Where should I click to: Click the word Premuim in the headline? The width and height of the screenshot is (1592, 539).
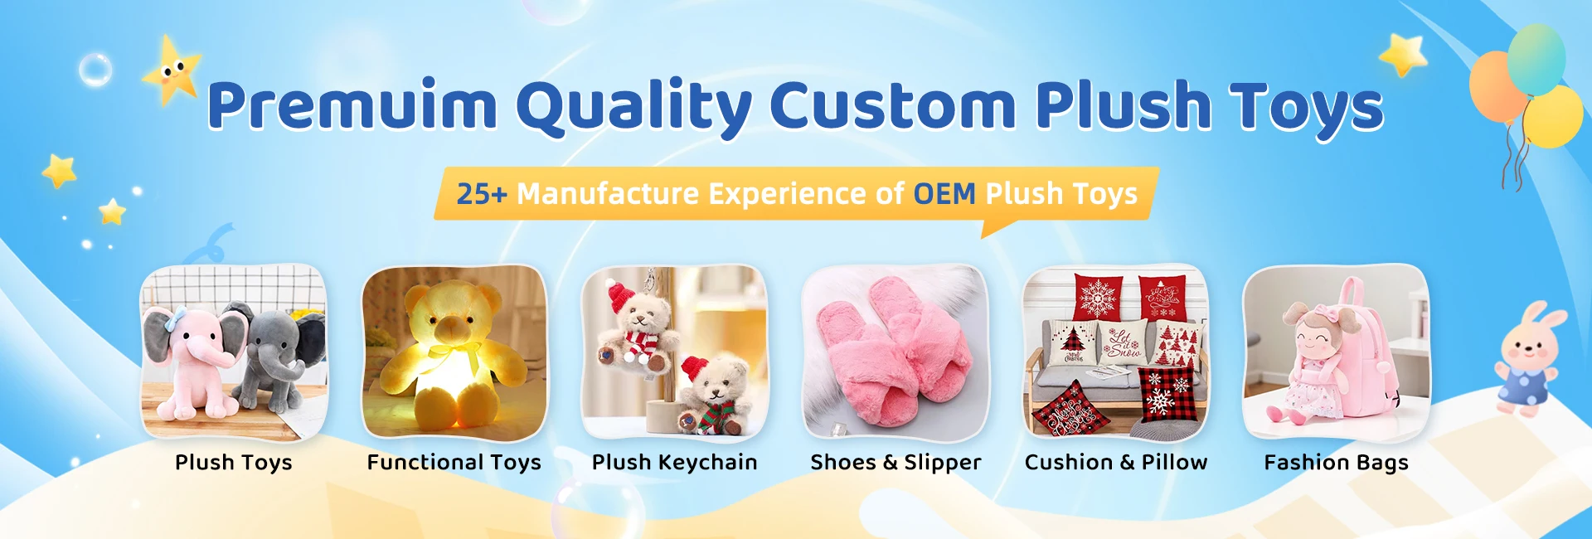pos(352,106)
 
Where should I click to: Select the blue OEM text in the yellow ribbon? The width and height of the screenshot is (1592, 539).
pos(944,194)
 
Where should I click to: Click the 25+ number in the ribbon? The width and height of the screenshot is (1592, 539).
pos(482,194)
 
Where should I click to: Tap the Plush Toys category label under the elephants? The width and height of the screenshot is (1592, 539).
pos(234,463)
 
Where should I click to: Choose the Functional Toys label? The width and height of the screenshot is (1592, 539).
pos(454,463)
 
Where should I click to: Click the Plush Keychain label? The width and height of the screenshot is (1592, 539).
pos(675,463)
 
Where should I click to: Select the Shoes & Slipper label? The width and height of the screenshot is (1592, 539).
pos(895,463)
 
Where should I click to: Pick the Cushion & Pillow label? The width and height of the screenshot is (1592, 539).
pos(1116,463)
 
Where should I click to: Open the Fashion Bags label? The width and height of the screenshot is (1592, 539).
pos(1337,463)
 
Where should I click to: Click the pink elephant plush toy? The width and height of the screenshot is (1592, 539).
pos(193,361)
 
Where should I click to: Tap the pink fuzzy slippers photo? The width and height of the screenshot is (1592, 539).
pos(895,352)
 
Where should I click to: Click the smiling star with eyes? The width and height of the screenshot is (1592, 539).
pos(172,70)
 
